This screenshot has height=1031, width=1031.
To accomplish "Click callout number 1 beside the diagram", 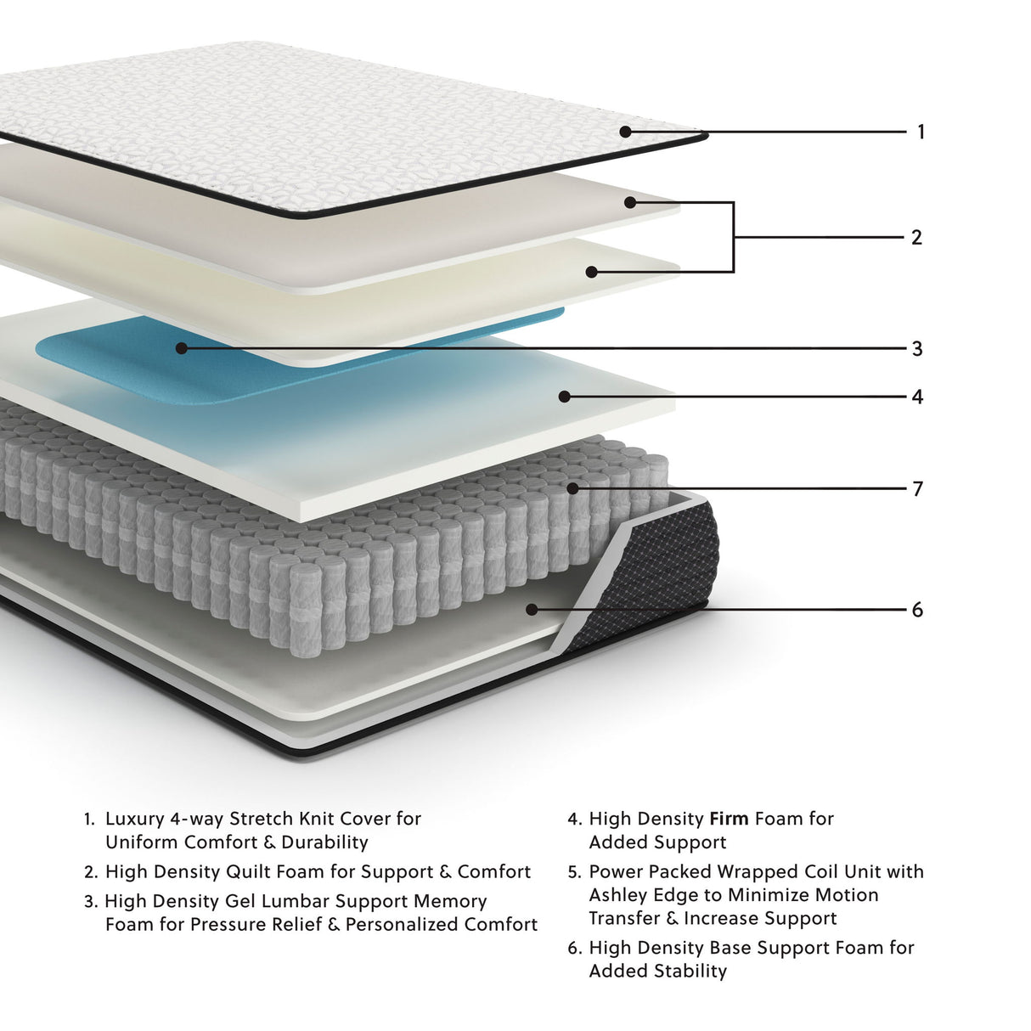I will (921, 132).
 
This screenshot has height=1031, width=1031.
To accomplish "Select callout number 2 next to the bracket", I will (916, 238).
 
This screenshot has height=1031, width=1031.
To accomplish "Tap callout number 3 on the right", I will (917, 349).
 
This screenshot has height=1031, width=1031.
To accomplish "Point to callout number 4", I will (917, 397).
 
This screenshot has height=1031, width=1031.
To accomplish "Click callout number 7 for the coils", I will (917, 489).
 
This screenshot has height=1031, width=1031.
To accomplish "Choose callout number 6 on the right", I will (917, 611).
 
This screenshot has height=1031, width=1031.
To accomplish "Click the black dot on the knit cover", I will (625, 132).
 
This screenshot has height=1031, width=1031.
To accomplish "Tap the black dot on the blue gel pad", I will (181, 348).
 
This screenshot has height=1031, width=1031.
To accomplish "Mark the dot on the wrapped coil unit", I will (573, 488).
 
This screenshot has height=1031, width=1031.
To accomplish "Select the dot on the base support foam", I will (532, 610).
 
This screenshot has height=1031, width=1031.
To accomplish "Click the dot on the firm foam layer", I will (564, 397).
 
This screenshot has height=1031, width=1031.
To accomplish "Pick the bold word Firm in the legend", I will (729, 820).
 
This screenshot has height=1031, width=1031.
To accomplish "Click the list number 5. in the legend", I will (575, 872).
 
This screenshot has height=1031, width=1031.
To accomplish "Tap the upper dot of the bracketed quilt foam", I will (630, 202).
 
